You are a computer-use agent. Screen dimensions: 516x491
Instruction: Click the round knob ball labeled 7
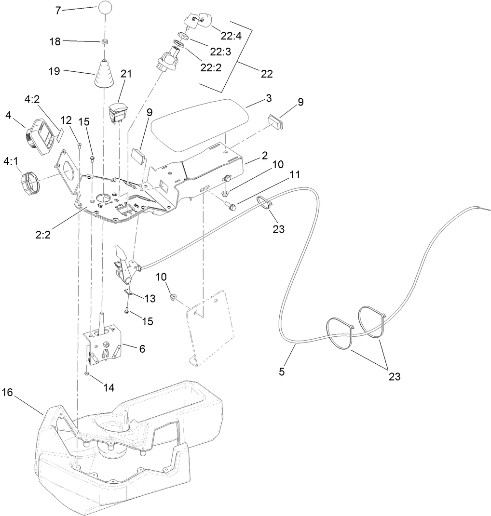106,8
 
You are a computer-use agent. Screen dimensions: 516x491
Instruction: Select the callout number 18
55,41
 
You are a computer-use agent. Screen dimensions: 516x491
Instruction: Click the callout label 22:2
211,67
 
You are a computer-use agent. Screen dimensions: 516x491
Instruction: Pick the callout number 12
66,119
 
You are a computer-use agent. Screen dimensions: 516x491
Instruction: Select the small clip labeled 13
129,291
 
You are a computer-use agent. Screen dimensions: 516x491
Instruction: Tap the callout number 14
109,388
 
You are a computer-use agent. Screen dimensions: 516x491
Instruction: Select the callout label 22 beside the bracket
267,74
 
